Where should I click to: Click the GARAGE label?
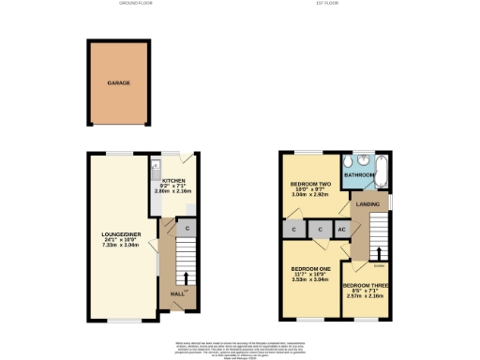tap(118, 82)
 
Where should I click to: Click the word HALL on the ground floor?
tap(176, 294)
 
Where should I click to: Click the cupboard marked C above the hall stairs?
tap(187, 228)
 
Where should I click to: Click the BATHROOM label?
tap(358, 174)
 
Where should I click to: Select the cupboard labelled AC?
tap(341, 228)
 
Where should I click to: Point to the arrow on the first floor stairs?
tap(379, 253)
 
